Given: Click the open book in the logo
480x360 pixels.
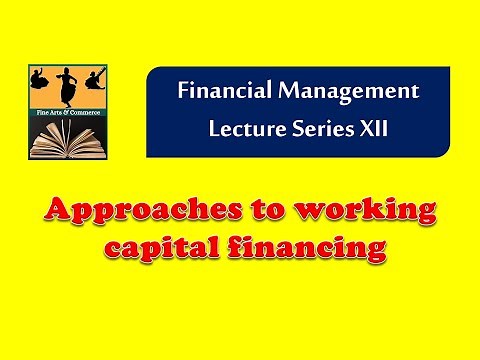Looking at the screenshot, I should pyautogui.click(x=67, y=139).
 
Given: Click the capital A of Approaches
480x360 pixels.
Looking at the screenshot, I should pyautogui.click(x=54, y=210).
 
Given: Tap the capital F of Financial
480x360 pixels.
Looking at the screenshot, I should pyautogui.click(x=184, y=91).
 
